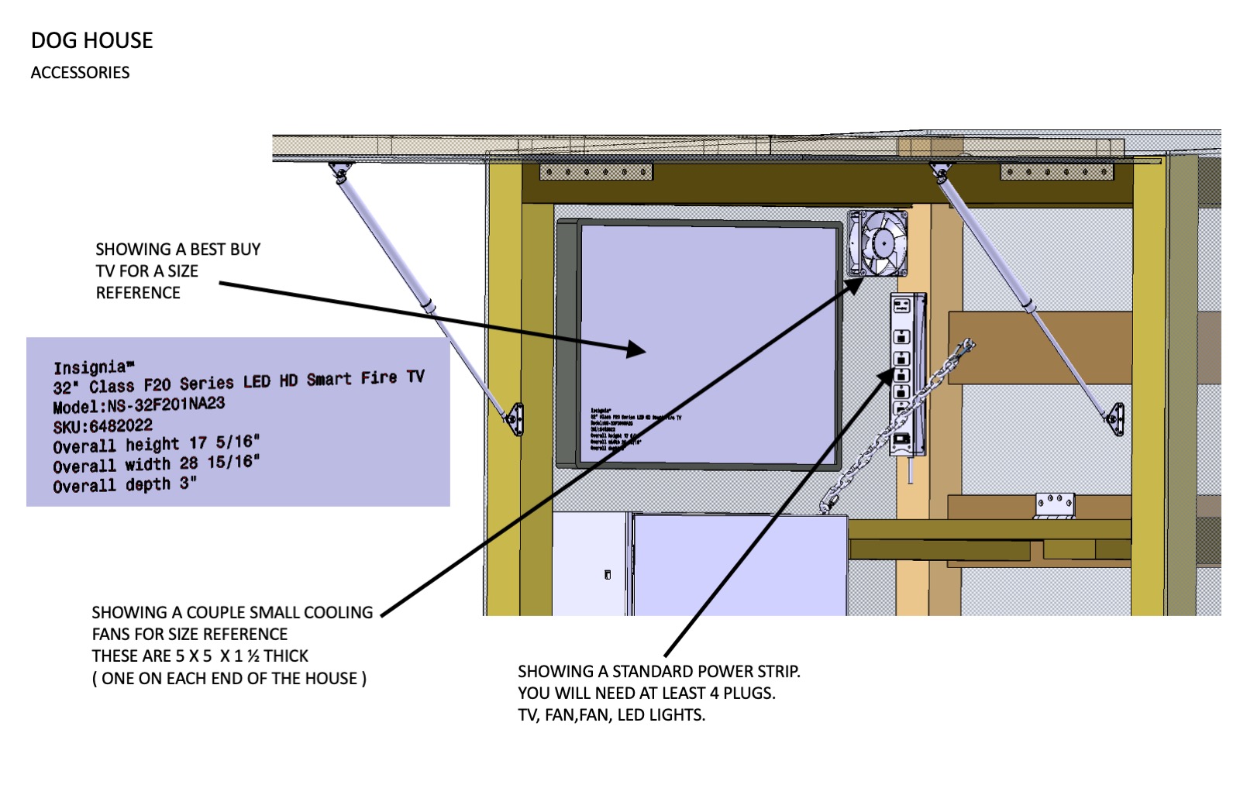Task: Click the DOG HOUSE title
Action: tap(91, 40)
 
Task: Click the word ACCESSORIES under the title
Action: tap(80, 73)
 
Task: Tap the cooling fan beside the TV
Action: tap(878, 243)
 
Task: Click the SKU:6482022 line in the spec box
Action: tap(102, 426)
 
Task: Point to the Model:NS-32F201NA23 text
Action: tap(139, 405)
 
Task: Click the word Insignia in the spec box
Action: tap(91, 367)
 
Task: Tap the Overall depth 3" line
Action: tap(124, 485)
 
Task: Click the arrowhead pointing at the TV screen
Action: tap(635, 349)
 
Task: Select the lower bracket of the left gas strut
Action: tap(515, 419)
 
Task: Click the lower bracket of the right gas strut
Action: tap(1115, 419)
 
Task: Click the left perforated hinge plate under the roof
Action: tap(595, 171)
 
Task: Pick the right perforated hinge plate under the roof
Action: tap(1056, 171)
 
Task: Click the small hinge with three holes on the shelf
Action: tap(1054, 505)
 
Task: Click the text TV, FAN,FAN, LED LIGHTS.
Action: tap(611, 715)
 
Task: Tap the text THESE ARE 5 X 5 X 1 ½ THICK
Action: tap(200, 656)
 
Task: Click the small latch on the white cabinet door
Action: tap(608, 574)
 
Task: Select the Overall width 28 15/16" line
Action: tap(156, 464)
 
